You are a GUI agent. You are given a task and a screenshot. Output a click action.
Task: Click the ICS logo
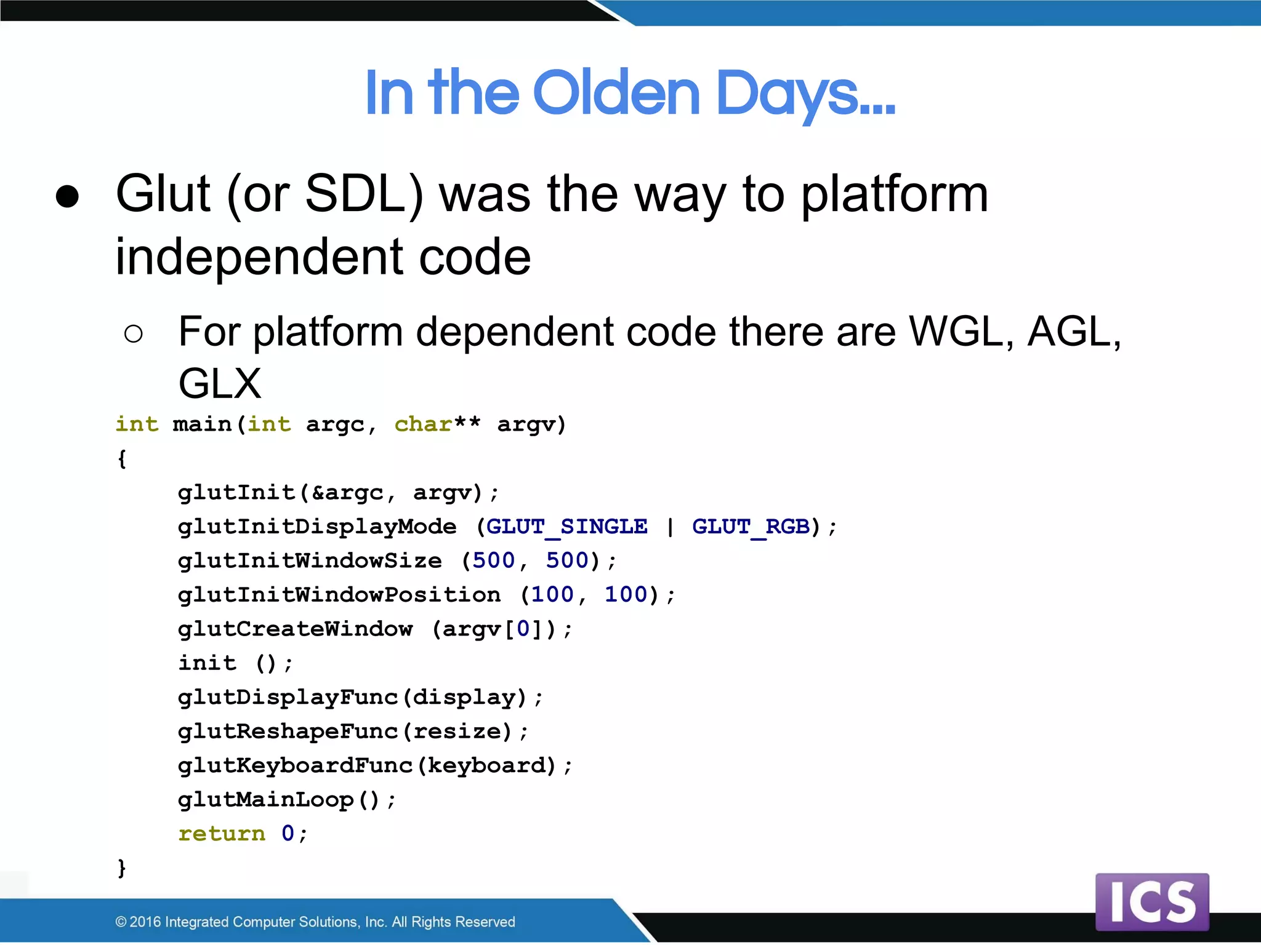pyautogui.click(x=1152, y=902)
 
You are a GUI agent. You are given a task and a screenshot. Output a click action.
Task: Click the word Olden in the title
pyautogui.click(x=616, y=94)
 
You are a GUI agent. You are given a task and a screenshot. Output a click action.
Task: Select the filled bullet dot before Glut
pyautogui.click(x=67, y=197)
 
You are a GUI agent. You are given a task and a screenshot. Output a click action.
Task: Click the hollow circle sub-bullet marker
pyautogui.click(x=133, y=334)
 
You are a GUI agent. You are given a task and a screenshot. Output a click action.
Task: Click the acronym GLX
pyautogui.click(x=220, y=384)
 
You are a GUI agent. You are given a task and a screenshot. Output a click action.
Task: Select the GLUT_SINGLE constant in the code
pyautogui.click(x=566, y=527)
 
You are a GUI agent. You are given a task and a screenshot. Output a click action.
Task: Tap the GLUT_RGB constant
pyautogui.click(x=751, y=527)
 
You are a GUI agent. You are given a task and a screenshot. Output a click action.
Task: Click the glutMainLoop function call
pyautogui.click(x=265, y=800)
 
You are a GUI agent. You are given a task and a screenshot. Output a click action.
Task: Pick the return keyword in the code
pyautogui.click(x=222, y=834)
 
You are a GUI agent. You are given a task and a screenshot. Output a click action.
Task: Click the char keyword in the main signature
pyautogui.click(x=423, y=425)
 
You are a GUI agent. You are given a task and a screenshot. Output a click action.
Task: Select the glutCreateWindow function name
pyautogui.click(x=295, y=629)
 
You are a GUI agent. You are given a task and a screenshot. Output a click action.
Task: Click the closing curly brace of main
pyautogui.click(x=122, y=868)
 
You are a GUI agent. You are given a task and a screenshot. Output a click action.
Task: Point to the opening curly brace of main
pyautogui.click(x=122, y=458)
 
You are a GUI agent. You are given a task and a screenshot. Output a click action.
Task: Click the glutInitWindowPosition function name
pyautogui.click(x=339, y=595)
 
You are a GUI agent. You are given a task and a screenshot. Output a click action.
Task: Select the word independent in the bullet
pyautogui.click(x=259, y=257)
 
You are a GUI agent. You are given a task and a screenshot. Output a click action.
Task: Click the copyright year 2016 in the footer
pyautogui.click(x=145, y=922)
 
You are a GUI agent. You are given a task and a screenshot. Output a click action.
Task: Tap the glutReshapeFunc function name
pyautogui.click(x=288, y=732)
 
